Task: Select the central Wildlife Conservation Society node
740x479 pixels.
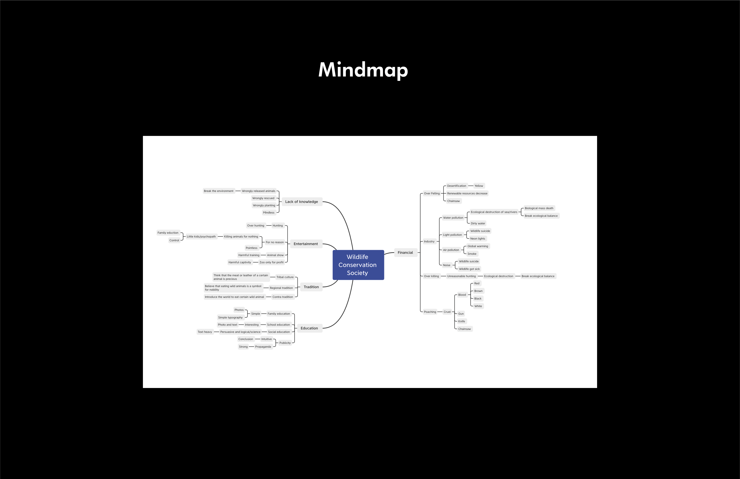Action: coord(358,265)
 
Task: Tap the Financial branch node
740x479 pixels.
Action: coord(405,253)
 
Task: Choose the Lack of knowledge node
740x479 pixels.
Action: coord(301,202)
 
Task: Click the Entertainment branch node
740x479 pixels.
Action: coord(306,244)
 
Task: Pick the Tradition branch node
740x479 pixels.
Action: coord(311,287)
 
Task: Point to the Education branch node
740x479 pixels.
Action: coord(309,328)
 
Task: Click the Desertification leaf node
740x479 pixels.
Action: coord(456,186)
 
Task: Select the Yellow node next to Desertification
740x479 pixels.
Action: coord(479,186)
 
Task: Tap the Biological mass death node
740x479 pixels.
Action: coord(539,208)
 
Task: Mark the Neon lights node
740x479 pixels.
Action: coord(477,239)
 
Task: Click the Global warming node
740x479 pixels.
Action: coord(478,246)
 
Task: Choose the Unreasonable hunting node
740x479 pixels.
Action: coord(461,276)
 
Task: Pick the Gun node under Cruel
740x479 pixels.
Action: coord(461,314)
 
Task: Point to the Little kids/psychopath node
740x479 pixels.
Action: coord(201,236)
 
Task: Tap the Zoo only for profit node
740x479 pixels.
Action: coord(271,262)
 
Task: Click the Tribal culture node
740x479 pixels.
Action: coord(285,277)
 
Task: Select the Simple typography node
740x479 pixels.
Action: coord(230,317)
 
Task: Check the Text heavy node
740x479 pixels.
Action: coord(205,332)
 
